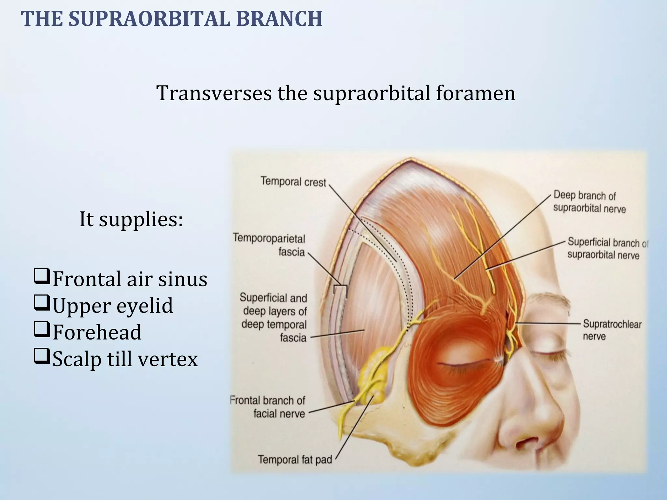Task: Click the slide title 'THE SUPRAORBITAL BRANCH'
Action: (172, 19)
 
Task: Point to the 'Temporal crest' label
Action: (293, 182)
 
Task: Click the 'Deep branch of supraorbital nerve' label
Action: (589, 202)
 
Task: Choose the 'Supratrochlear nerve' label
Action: (612, 330)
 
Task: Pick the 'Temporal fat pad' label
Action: (295, 460)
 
